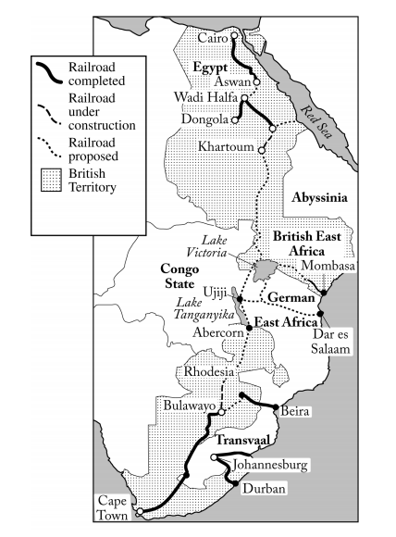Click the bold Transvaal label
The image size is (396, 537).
[245, 441]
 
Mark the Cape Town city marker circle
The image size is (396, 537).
[139, 511]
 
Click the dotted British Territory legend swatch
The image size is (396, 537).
[54, 173]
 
